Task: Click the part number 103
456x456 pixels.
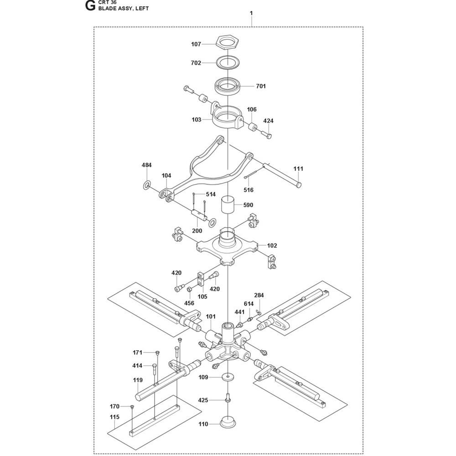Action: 196,119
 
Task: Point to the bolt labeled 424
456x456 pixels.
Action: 266,134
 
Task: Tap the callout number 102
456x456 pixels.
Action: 272,245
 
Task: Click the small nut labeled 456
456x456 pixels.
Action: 188,290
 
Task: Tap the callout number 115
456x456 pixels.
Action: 114,417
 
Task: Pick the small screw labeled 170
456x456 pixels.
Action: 132,407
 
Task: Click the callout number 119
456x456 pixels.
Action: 138,380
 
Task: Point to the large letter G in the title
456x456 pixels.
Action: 90,5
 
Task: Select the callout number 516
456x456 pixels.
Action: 249,190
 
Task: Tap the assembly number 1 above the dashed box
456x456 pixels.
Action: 251,13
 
